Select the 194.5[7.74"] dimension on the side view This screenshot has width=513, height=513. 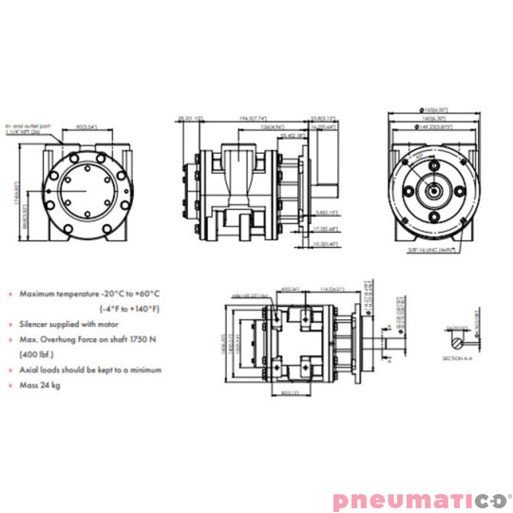pyautogui.click(x=252, y=118)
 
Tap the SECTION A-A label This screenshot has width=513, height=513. pyautogui.click(x=457, y=358)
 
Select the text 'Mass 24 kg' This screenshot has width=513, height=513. pyautogui.click(x=42, y=386)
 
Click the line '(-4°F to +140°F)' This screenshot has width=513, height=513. pyautogui.click(x=132, y=309)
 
